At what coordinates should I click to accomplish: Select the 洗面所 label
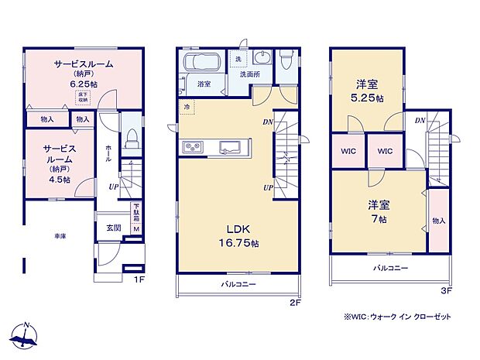click(249, 75)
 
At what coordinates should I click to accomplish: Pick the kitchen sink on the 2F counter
click(231, 147)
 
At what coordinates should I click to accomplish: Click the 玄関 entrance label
click(113, 227)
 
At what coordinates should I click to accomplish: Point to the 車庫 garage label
click(59, 235)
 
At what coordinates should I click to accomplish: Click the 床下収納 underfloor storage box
click(82, 96)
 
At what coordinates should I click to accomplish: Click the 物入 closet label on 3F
click(439, 221)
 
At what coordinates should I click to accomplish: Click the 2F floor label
click(294, 303)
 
